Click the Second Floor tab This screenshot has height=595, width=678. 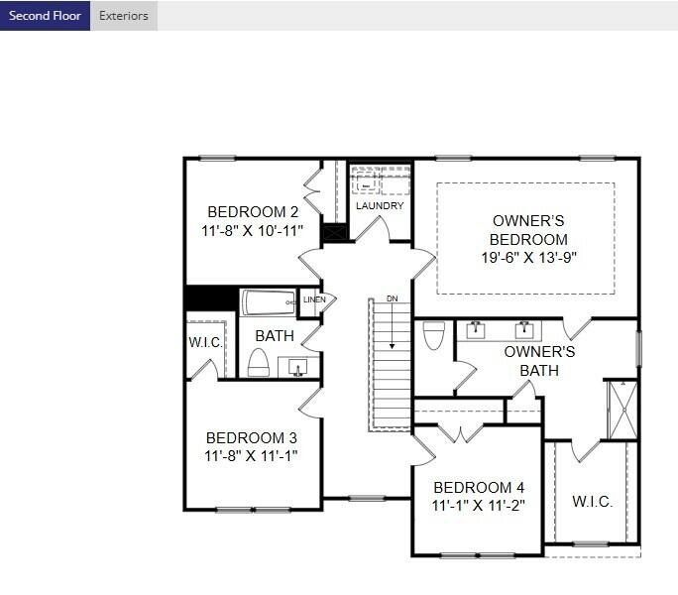[45, 16]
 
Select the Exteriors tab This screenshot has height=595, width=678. [124, 16]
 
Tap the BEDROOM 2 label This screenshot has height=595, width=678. [252, 211]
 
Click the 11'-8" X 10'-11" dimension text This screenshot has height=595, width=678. [252, 230]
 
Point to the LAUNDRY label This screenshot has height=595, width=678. [380, 206]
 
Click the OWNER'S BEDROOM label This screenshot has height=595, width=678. [529, 230]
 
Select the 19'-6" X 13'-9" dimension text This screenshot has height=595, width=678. [529, 257]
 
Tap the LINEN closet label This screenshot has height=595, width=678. [314, 299]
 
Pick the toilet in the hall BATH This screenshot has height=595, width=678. [258, 363]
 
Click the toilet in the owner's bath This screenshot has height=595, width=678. [433, 336]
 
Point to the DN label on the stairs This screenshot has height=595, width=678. [393, 298]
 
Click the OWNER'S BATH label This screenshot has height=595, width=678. [539, 361]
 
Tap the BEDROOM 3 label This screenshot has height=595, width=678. [251, 437]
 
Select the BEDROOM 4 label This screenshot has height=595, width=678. [479, 487]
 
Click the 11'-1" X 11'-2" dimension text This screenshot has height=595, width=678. [479, 505]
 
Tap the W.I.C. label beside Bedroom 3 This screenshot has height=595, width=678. [205, 342]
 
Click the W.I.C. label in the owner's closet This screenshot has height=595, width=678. [592, 502]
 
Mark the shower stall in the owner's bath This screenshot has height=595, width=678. [621, 410]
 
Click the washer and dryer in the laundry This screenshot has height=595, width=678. [380, 183]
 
